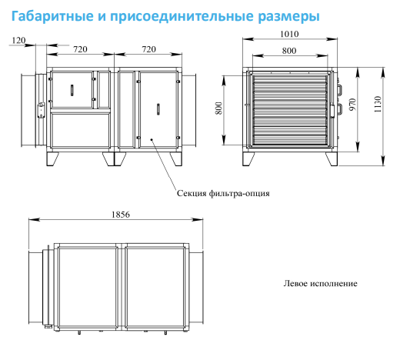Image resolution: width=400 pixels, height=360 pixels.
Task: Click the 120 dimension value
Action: (18, 40)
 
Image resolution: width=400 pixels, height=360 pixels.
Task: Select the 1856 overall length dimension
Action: (121, 215)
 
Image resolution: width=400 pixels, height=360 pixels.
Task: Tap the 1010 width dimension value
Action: (289, 34)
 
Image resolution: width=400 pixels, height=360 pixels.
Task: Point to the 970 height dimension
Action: (353, 105)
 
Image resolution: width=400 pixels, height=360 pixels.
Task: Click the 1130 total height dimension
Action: (378, 104)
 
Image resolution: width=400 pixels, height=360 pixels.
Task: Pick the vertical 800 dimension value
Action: (218, 108)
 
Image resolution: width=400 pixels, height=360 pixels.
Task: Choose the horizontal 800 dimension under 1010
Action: (289, 51)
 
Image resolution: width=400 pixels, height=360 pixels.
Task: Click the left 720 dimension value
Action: (80, 49)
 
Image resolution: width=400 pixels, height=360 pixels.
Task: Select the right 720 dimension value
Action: (148, 49)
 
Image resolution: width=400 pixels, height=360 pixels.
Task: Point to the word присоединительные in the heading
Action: (182, 17)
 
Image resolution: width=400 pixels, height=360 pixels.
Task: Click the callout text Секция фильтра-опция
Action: (223, 193)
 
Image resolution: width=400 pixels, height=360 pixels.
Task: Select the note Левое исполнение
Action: (320, 283)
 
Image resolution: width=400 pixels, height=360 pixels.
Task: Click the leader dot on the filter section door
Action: (152, 139)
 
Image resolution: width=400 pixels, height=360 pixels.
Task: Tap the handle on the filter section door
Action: (158, 109)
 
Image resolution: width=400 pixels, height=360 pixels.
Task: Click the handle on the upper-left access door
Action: (72, 90)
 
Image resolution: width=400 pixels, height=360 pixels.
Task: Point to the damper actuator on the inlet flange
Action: (41, 110)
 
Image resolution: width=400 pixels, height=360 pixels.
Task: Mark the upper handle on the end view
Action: (340, 90)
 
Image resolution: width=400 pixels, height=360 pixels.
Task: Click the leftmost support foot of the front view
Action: (52, 159)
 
